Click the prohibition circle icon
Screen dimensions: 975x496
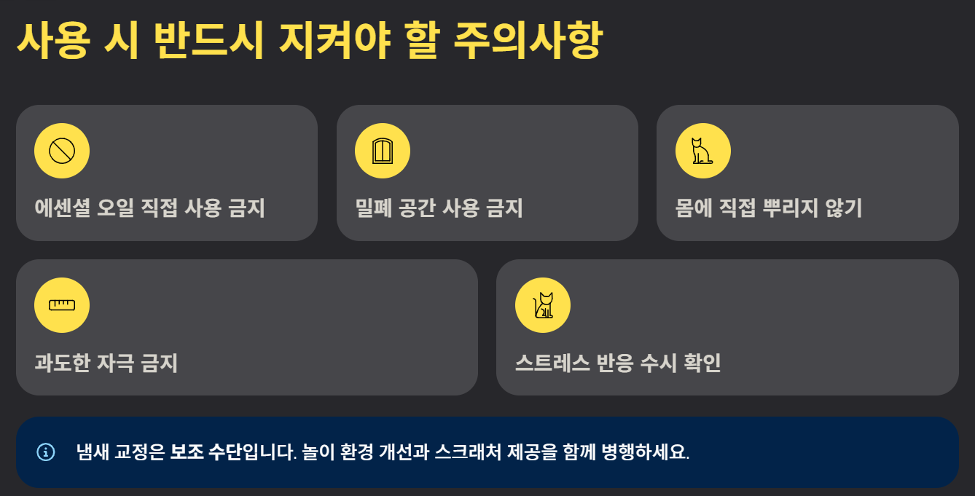[x=62, y=151]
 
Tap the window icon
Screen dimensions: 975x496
[x=383, y=151]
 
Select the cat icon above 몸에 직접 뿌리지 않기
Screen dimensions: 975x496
[x=702, y=151]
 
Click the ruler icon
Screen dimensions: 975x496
[x=62, y=305]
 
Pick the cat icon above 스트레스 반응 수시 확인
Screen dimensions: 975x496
[x=543, y=305]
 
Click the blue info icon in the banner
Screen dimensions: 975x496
[x=46, y=452]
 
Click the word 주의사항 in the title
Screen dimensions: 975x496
[x=528, y=40]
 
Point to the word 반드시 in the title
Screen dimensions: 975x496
[x=208, y=40]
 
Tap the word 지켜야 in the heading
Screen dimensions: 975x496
[x=334, y=40]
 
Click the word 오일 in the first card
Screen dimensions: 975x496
[x=115, y=208]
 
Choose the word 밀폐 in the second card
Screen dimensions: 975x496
[x=374, y=208]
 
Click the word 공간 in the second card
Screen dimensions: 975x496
[x=417, y=208]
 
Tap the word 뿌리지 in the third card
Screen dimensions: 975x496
[x=791, y=208]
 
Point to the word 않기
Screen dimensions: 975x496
[x=844, y=208]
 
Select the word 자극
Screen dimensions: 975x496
[x=115, y=363]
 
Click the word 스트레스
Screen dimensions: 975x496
[x=552, y=363]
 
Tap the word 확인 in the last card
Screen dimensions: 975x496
[x=702, y=363]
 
